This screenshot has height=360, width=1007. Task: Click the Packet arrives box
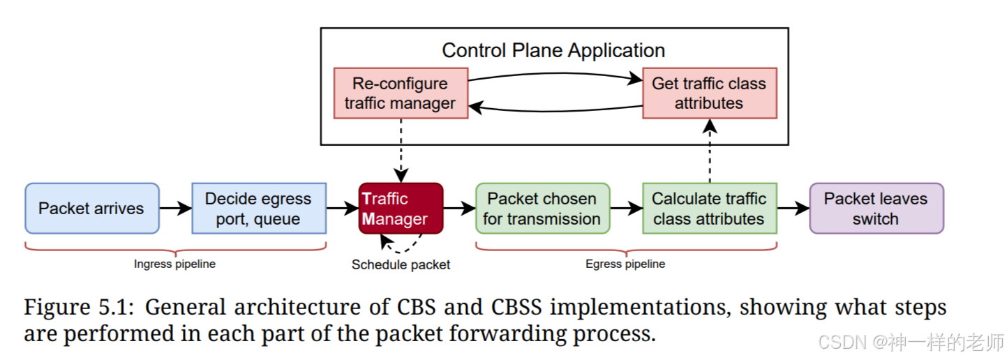tap(92, 208)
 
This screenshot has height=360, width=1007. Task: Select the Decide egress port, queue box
tap(259, 208)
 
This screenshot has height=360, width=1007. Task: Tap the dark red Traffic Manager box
tap(401, 208)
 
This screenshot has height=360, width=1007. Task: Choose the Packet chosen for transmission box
tap(543, 208)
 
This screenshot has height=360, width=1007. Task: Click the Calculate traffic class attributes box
tap(710, 208)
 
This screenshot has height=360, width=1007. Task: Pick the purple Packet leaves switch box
tap(877, 208)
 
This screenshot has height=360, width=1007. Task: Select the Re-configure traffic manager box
tap(401, 93)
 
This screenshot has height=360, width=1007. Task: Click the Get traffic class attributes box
tap(710, 93)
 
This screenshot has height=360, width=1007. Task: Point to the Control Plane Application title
tap(553, 50)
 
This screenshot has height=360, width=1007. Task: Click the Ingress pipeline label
tap(174, 264)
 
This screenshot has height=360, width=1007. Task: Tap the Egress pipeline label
tap(625, 264)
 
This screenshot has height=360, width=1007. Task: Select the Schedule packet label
tap(401, 264)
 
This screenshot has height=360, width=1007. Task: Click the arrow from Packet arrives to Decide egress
tap(176, 208)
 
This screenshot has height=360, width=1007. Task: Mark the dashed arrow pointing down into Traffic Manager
tap(401, 151)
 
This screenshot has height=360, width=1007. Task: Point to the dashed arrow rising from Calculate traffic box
tap(710, 151)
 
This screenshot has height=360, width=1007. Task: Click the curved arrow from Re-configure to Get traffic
tap(555, 74)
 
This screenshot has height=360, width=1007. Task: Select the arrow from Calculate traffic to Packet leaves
tap(793, 208)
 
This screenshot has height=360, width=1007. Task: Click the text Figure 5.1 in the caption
tap(79, 308)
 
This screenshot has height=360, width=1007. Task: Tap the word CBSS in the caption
tap(516, 308)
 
